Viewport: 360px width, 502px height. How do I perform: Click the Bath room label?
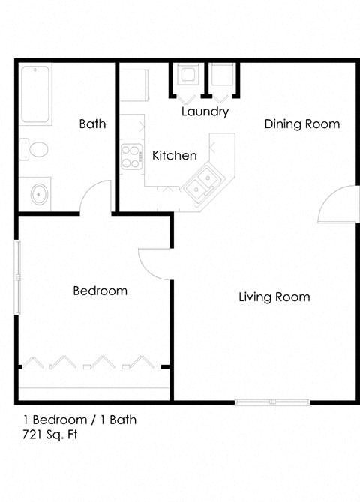pyautogui.click(x=92, y=124)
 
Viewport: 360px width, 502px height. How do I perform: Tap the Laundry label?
pyautogui.click(x=205, y=112)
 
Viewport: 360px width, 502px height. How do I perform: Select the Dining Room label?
pyautogui.click(x=301, y=124)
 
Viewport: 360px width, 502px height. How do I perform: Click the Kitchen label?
pyautogui.click(x=175, y=156)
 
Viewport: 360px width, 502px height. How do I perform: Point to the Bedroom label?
pyautogui.click(x=100, y=291)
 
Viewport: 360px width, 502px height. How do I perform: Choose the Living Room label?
pyautogui.click(x=274, y=297)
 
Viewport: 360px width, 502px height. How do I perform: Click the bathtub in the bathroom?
pyautogui.click(x=35, y=96)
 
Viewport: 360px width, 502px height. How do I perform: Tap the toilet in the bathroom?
pyautogui.click(x=34, y=149)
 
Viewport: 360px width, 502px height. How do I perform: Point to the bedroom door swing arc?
pyautogui.click(x=154, y=262)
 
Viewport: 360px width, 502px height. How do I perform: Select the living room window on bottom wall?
pyautogui.click(x=273, y=402)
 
